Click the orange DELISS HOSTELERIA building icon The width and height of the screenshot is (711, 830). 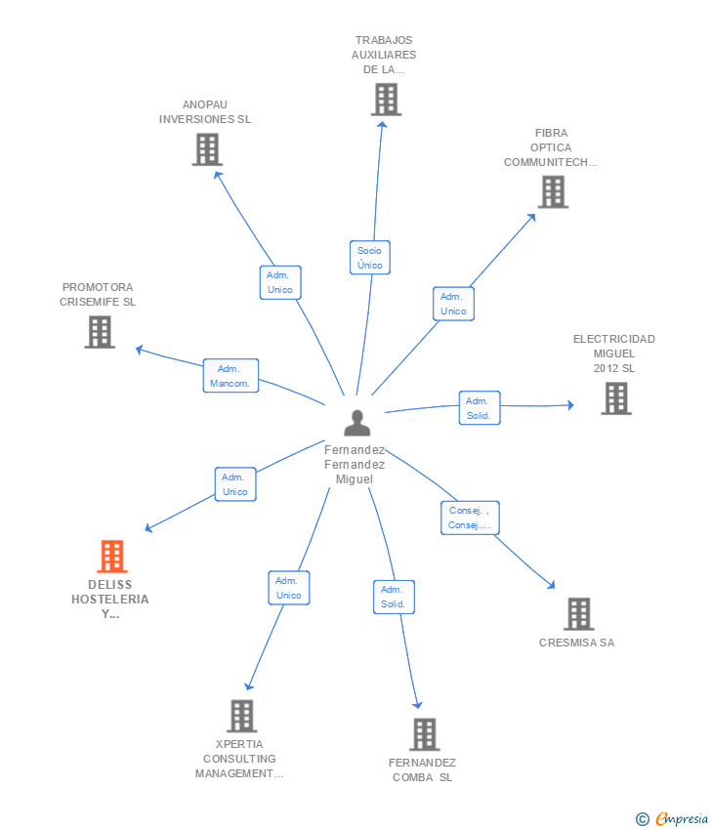click(x=112, y=556)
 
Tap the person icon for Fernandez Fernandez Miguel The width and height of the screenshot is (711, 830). click(x=356, y=423)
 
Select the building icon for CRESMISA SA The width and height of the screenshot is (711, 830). click(x=578, y=614)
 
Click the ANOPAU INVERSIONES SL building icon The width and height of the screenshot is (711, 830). click(x=207, y=149)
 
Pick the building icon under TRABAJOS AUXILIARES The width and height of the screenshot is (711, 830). click(x=386, y=100)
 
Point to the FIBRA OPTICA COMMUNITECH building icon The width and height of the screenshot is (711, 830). click(x=553, y=191)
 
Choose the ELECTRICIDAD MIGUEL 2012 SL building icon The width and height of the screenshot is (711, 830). click(x=616, y=398)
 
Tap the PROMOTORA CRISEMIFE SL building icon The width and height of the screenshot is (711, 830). click(x=100, y=332)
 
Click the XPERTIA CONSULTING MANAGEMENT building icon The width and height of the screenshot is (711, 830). click(x=242, y=716)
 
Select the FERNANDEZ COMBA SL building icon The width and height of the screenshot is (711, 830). click(x=425, y=734)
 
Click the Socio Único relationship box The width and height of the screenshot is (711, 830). click(x=369, y=258)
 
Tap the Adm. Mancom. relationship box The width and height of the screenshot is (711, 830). click(x=230, y=376)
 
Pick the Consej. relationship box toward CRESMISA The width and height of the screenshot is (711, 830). click(x=470, y=518)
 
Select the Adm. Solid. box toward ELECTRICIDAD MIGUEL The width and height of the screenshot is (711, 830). click(x=480, y=408)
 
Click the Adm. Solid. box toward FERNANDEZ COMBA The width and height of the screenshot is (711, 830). click(x=394, y=597)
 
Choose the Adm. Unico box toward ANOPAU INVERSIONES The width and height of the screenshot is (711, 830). click(x=280, y=282)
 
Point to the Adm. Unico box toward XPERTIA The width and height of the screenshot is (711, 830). click(x=288, y=588)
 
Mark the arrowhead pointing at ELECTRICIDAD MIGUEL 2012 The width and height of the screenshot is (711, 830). click(x=570, y=405)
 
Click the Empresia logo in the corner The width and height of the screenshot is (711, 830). click(x=672, y=818)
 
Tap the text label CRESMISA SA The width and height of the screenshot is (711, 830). click(x=576, y=643)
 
